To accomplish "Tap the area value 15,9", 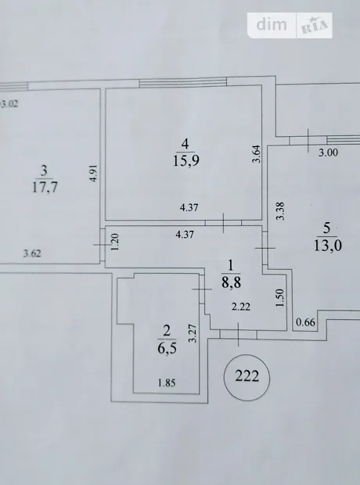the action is coord(186,160).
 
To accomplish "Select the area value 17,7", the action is coord(45,187).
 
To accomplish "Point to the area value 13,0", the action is coord(328,246).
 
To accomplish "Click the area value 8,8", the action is coord(231,282).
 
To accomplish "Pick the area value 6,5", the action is coord(167,348).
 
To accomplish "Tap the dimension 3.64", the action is coord(256,154).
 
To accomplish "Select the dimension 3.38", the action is coord(280,211).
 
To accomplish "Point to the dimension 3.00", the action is coord(329,153).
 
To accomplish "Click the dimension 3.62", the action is coord(32,253).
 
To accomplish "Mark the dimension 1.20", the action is coord(115,242).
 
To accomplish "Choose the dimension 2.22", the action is coord(241,307).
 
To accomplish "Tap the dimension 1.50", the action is coord(279,297).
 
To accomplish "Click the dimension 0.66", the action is coord(305,322).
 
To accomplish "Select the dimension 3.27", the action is coord(193,333).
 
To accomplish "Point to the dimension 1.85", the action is coord(167,383).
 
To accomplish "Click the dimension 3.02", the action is coord(9,103).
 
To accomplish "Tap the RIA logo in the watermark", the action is coord(314,26).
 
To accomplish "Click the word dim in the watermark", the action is coord(272,24).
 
